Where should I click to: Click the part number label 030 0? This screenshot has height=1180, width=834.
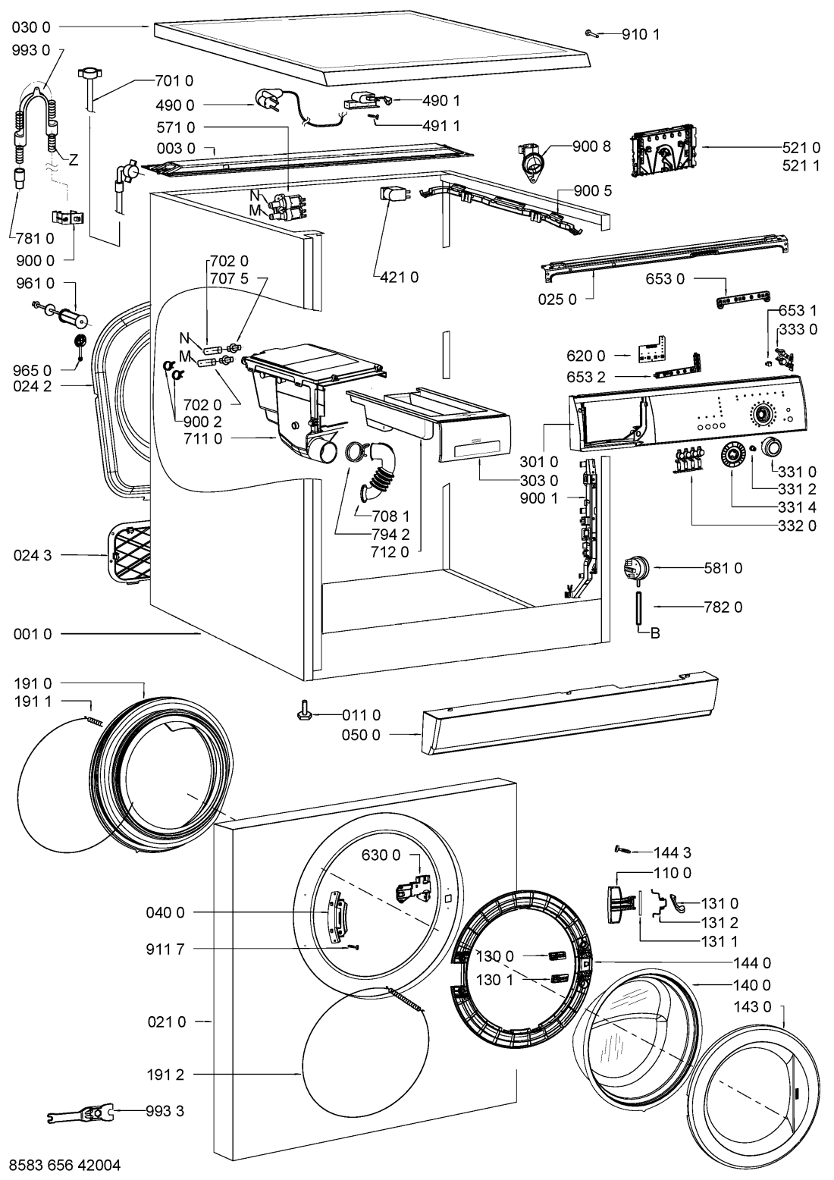(32, 27)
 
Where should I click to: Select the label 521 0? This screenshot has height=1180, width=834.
(801, 147)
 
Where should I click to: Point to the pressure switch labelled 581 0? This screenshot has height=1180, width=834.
(636, 569)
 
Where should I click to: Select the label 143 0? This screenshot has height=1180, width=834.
(752, 1006)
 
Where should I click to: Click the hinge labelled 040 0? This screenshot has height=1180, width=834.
(337, 916)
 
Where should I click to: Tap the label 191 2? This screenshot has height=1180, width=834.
(165, 1074)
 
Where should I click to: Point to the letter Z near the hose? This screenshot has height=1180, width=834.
(74, 159)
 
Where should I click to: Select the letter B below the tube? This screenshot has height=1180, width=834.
(655, 632)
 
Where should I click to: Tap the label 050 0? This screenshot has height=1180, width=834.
(361, 734)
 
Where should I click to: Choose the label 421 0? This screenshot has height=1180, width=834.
(399, 277)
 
